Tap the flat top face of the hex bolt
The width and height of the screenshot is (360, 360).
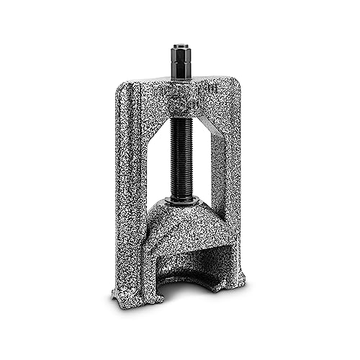[x=180, y=48]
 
